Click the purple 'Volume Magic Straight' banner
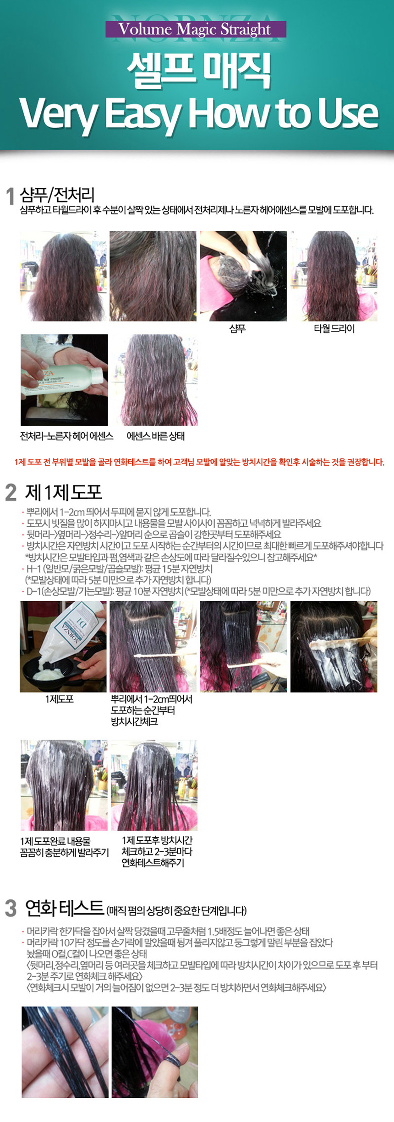point(196,29)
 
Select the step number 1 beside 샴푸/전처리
point(10,196)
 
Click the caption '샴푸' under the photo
point(237,328)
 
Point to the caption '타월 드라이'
point(334,328)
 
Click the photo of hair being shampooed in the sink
point(243,276)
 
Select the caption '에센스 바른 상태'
point(155,436)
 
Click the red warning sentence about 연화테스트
point(199,462)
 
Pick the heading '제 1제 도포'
point(63,492)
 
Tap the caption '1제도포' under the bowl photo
point(59,699)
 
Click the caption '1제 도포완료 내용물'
point(55,841)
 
